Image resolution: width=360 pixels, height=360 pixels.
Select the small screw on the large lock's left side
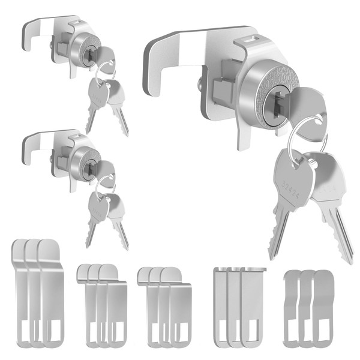(x=200, y=85)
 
